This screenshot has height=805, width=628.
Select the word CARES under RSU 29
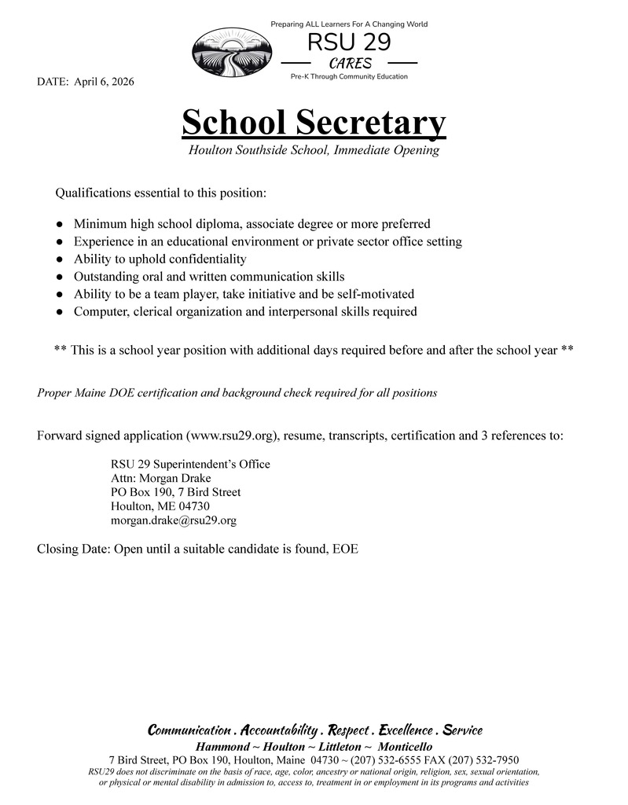point(350,64)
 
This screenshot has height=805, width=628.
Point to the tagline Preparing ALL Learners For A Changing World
point(349,24)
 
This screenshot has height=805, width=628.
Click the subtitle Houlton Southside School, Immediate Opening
point(314,149)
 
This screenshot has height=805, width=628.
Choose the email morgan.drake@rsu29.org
point(174,520)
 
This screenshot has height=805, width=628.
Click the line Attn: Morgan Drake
point(161,478)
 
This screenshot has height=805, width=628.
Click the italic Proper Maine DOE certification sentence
point(237,392)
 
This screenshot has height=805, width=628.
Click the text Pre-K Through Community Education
point(349,77)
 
